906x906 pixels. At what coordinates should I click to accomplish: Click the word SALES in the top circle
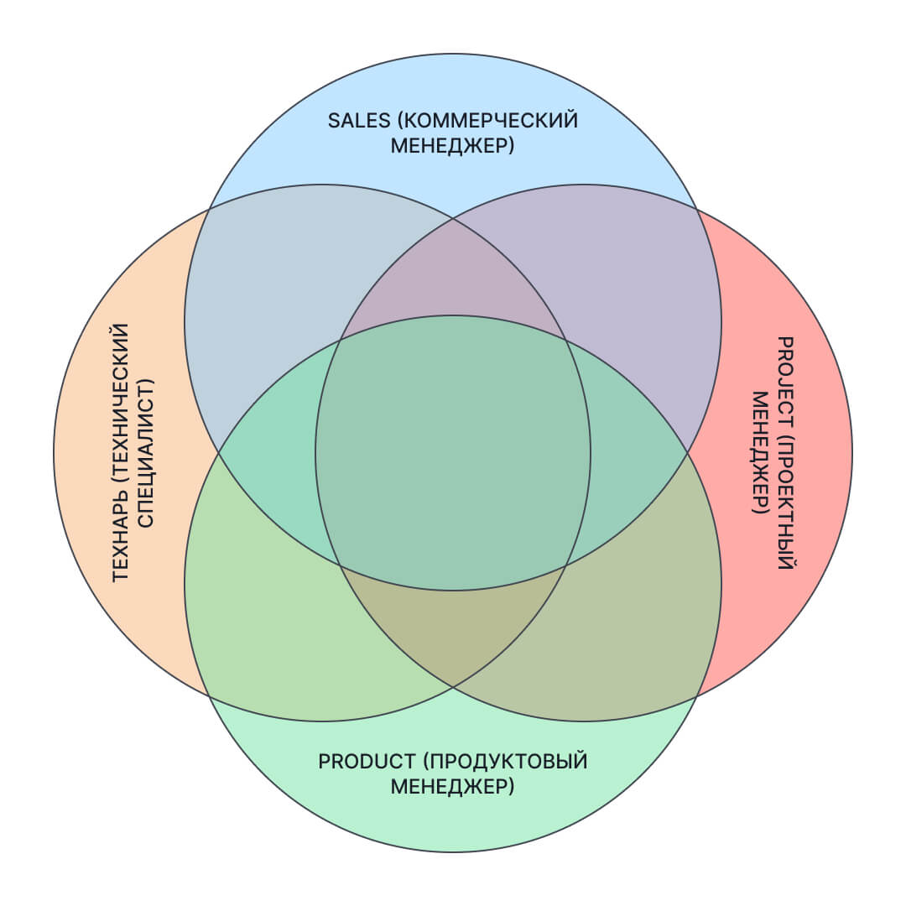click(359, 120)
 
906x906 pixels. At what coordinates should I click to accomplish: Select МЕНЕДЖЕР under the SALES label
click(452, 146)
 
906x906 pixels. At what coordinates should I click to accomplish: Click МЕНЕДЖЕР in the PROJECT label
click(760, 453)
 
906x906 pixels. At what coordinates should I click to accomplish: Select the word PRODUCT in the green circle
click(367, 761)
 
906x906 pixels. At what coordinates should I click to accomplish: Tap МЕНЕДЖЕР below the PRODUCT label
click(452, 787)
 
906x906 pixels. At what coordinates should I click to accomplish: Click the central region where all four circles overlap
click(453, 453)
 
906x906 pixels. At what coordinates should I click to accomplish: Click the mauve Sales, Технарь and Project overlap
click(453, 277)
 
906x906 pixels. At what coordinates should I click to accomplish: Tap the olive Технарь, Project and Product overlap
click(453, 629)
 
